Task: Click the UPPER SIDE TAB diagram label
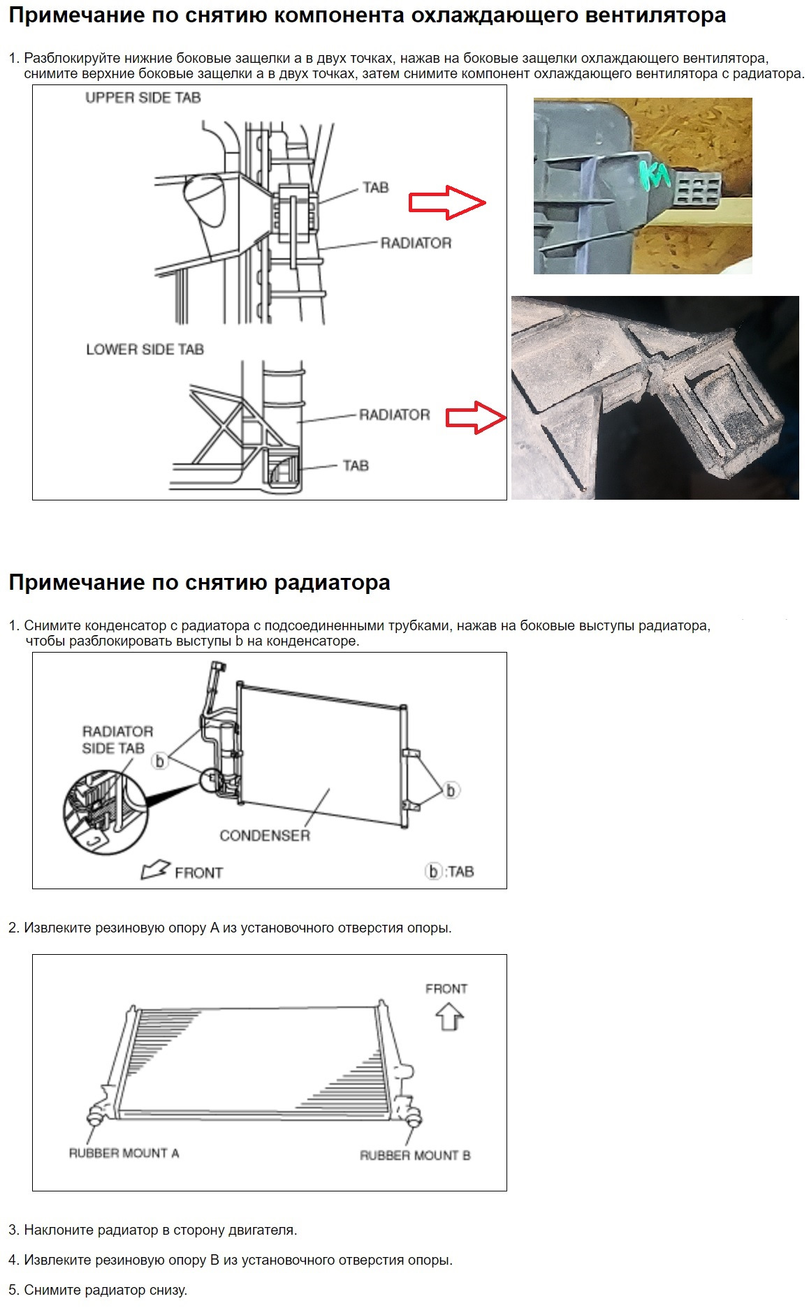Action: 143,98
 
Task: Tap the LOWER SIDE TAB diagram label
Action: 145,349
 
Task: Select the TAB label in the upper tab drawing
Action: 375,187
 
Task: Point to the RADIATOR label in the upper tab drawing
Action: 416,243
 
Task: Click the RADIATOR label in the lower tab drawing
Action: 394,415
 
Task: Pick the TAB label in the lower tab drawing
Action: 356,466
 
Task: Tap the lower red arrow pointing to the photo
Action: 476,417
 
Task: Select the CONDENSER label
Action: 264,835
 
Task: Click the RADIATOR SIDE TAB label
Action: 117,740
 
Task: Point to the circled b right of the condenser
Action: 451,790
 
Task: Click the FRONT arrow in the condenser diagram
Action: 156,870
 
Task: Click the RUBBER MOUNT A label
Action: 124,1153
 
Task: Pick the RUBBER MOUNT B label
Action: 415,1155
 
